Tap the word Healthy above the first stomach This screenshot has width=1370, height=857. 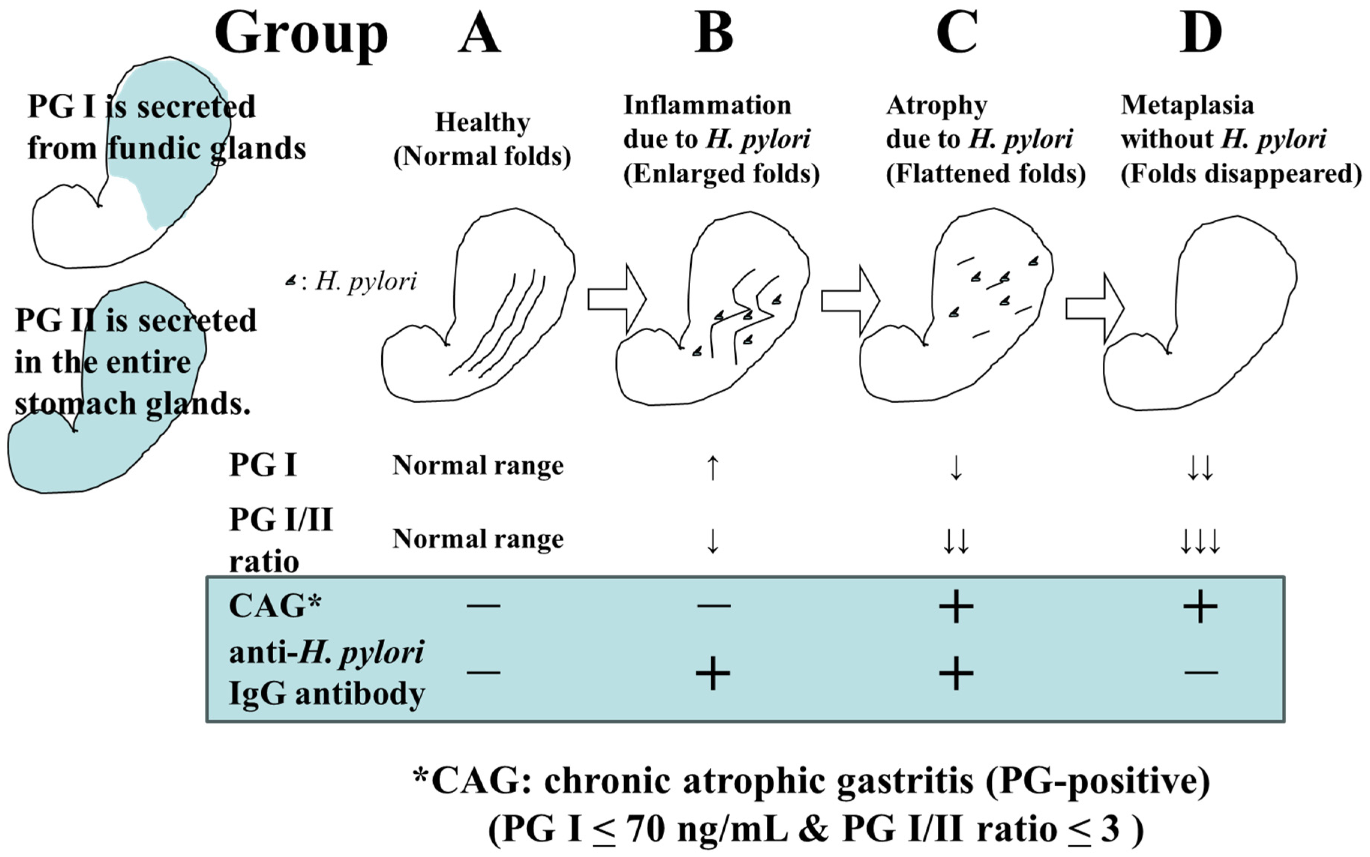click(x=483, y=123)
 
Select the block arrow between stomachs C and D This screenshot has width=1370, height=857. click(x=1094, y=308)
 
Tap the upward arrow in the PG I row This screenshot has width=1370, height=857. click(x=712, y=467)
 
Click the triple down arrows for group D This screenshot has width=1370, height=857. click(x=1199, y=541)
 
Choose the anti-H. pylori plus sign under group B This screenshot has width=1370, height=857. click(x=712, y=673)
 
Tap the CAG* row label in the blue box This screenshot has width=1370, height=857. click(x=275, y=606)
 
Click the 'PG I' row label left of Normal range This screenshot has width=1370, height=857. click(x=262, y=465)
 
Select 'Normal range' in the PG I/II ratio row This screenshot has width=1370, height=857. click(x=478, y=538)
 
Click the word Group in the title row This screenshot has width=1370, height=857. click(x=301, y=35)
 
